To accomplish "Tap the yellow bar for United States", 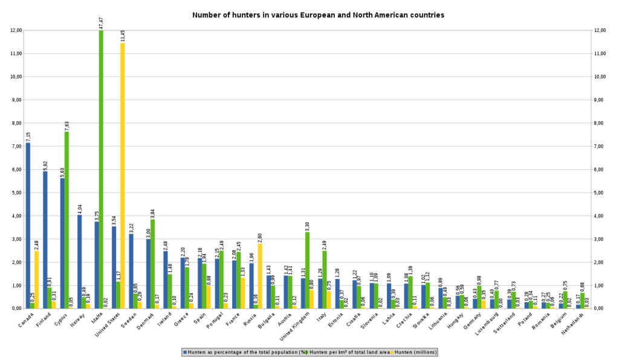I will (123, 175).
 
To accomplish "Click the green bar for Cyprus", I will (67, 220).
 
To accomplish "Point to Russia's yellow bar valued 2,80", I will (260, 275).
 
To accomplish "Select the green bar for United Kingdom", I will (307, 270).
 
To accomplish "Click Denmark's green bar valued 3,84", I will (153, 263).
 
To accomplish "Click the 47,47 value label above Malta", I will (102, 23).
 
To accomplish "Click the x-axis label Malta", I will (97, 319).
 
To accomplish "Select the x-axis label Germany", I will (472, 323).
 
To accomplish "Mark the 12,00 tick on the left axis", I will (16, 30).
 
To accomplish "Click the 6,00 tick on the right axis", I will (600, 169).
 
